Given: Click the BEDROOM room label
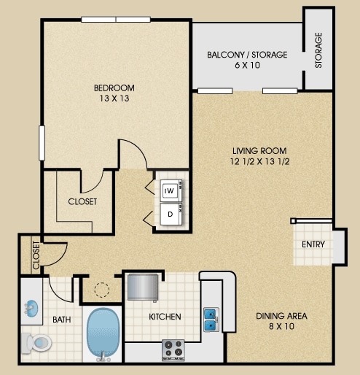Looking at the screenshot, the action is (114, 88).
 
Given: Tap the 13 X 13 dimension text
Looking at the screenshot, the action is (114, 98).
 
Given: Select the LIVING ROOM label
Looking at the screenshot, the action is (259, 151).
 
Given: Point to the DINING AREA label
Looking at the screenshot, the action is (281, 316).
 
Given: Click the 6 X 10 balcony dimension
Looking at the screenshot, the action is (247, 65).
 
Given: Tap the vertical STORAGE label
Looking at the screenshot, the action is (318, 50).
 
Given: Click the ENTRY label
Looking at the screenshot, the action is (313, 244).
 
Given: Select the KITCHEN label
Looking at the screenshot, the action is (165, 317).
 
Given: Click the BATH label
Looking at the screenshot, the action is (62, 320).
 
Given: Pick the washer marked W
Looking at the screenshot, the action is (171, 190).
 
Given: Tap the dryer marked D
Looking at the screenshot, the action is (171, 214).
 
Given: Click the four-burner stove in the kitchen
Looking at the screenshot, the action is (173, 350).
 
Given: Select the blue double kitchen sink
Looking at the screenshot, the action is (211, 320).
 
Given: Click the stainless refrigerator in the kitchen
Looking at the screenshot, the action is (143, 287).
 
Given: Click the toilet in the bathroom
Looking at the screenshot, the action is (36, 343).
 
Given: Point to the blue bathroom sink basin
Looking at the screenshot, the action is (31, 308).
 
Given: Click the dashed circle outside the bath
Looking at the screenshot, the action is (102, 290).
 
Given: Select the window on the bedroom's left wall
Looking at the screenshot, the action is (42, 143).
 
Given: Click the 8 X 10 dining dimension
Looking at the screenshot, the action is (281, 326).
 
